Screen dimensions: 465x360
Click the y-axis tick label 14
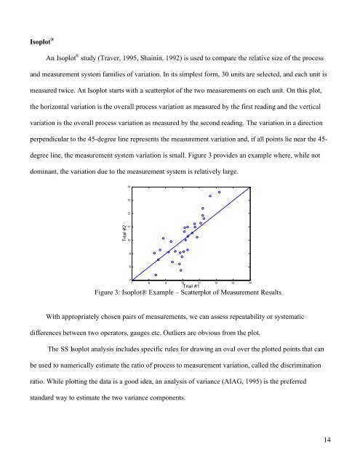point(129,187)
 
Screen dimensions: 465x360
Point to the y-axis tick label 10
point(129,240)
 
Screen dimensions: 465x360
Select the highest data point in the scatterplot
point(219,193)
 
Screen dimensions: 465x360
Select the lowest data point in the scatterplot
point(156,275)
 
